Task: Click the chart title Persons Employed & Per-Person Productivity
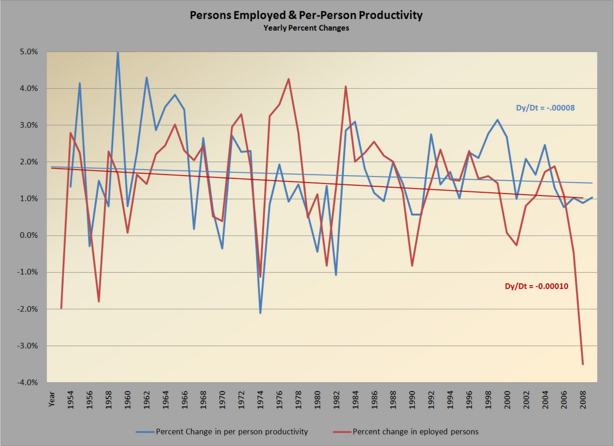pyautogui.click(x=306, y=15)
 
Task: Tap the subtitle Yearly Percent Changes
pyautogui.click(x=306, y=28)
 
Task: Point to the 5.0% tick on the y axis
pyautogui.click(x=28, y=52)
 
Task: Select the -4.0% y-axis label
pyautogui.click(x=28, y=382)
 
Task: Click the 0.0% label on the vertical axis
pyautogui.click(x=28, y=235)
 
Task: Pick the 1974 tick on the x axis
pyautogui.click(x=261, y=400)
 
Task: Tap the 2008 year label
pyautogui.click(x=583, y=400)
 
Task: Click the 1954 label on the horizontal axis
pyautogui.click(x=71, y=400)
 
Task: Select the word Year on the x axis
pyautogui.click(x=52, y=399)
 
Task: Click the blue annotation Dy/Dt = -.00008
pyautogui.click(x=545, y=108)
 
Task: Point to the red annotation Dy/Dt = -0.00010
pyautogui.click(x=536, y=286)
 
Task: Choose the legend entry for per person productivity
pyautogui.click(x=231, y=432)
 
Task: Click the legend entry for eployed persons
pyautogui.click(x=415, y=432)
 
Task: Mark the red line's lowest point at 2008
pyautogui.click(x=583, y=364)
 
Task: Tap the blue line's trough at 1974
pyautogui.click(x=260, y=313)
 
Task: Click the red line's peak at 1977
pyautogui.click(x=289, y=79)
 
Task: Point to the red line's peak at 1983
pyautogui.click(x=346, y=86)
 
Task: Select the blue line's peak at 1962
pyautogui.click(x=147, y=78)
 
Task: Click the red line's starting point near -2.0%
pyautogui.click(x=61, y=308)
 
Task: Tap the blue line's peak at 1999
pyautogui.click(x=497, y=120)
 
